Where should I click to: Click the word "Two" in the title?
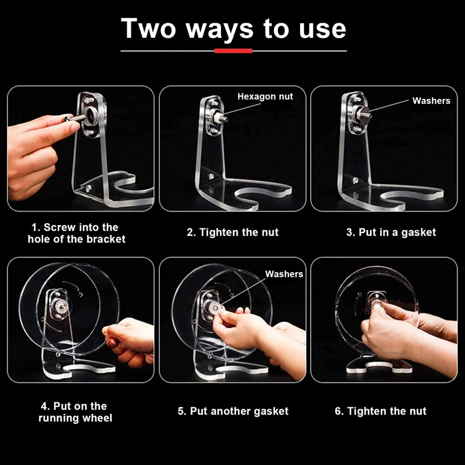(149, 28)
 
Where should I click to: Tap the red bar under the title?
(234, 51)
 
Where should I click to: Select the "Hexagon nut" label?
(265, 96)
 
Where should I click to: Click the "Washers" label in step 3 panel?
(431, 101)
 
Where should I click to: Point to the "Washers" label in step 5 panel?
(284, 274)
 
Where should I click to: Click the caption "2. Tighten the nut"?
(233, 232)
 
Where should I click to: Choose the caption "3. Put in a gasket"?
(391, 232)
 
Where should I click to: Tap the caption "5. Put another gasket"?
(233, 411)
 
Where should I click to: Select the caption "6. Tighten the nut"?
(381, 411)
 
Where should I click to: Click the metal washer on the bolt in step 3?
(364, 113)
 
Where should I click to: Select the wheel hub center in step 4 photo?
(61, 306)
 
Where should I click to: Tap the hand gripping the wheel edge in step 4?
(128, 342)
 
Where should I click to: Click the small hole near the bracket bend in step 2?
(212, 177)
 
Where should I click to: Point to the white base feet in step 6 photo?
(379, 368)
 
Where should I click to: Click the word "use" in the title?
(323, 30)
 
